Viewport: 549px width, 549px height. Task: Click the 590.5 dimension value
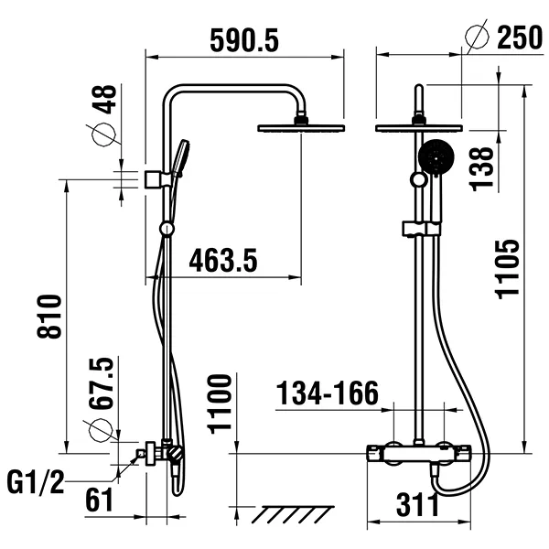tap(244, 40)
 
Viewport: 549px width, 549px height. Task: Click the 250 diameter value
tap(519, 38)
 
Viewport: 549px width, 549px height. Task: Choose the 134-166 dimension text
tap(328, 394)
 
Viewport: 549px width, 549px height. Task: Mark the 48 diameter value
tap(104, 101)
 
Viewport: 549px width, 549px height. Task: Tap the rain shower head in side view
tap(301, 127)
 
